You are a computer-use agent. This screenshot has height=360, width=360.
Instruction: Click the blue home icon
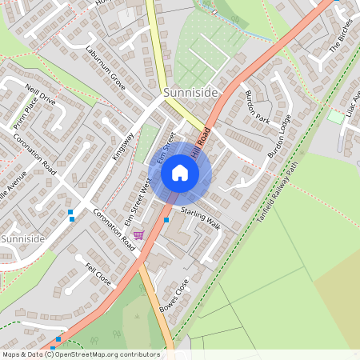(180, 172)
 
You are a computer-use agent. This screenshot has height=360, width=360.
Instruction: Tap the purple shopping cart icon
(139, 234)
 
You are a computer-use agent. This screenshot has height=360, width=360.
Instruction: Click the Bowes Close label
(174, 295)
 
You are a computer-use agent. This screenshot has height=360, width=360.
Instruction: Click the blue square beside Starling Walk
(167, 219)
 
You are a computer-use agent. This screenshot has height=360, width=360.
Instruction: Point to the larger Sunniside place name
(190, 94)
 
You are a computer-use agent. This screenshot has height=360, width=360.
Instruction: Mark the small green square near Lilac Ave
(335, 117)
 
